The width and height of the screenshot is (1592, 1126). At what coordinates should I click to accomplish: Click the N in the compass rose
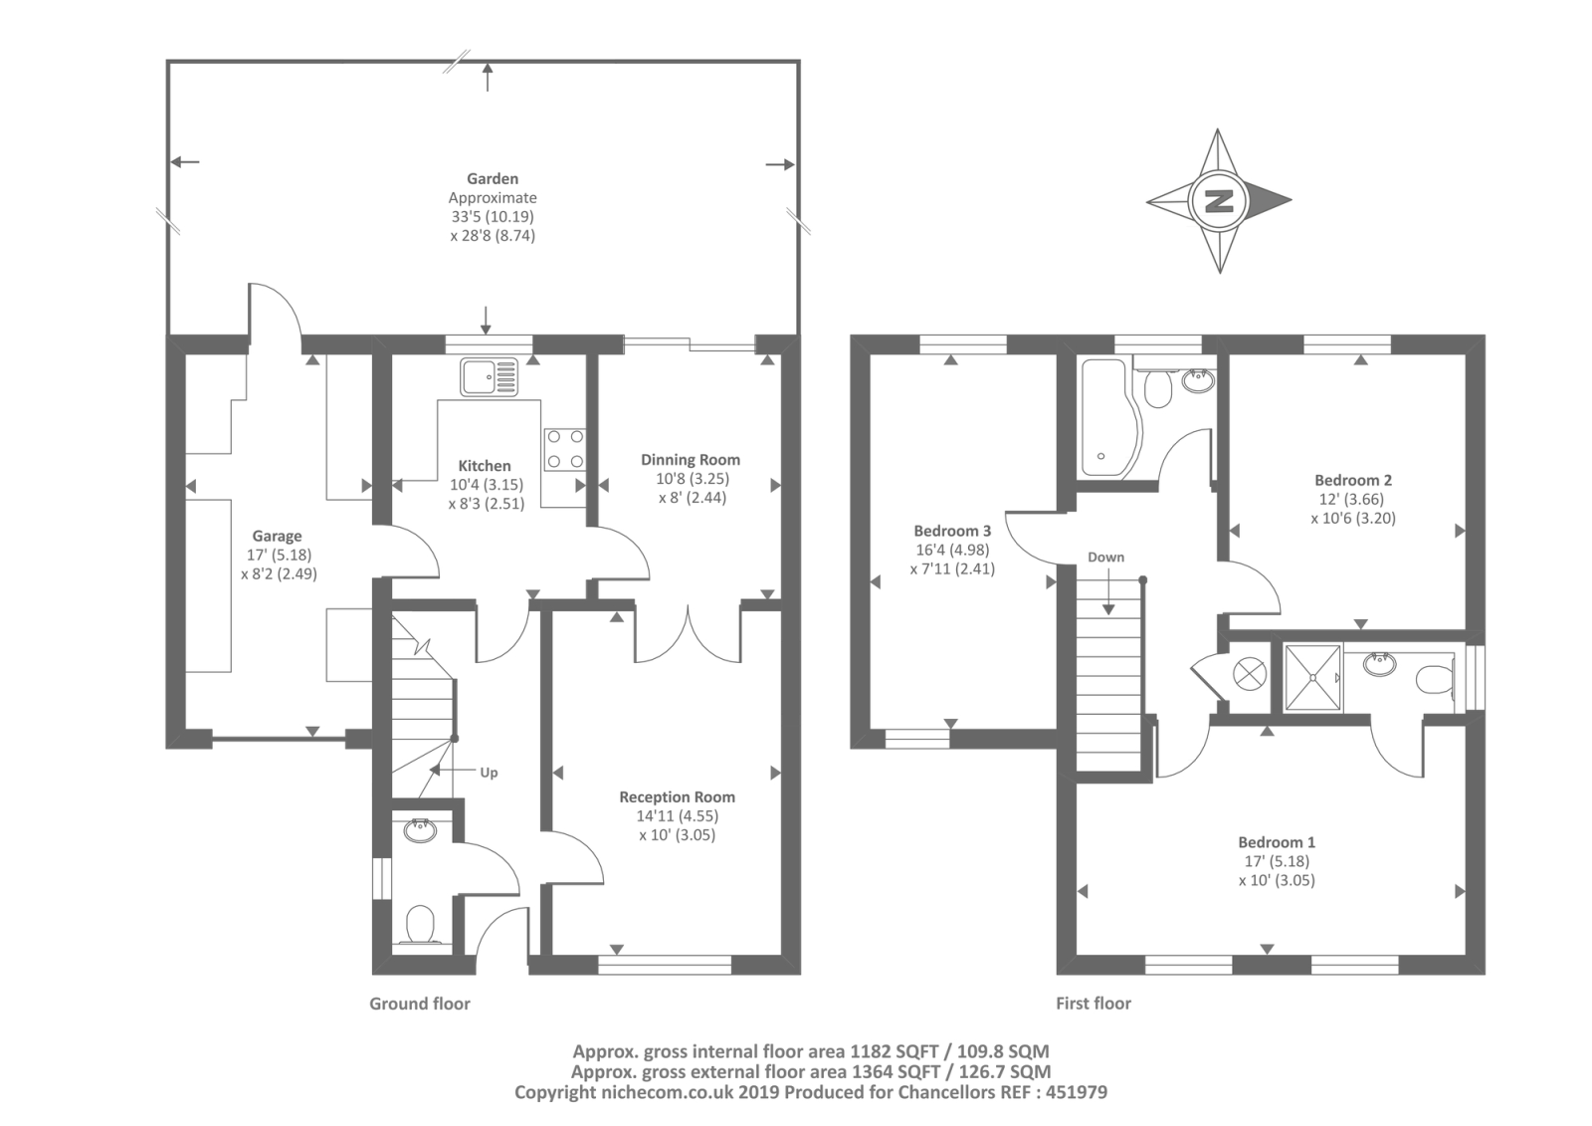[x=1220, y=201]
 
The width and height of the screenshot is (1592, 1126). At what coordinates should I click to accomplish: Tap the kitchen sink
[x=489, y=376]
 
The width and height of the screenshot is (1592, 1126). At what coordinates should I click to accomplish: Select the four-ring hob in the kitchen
[x=565, y=450]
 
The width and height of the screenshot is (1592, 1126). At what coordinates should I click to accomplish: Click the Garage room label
[x=278, y=536]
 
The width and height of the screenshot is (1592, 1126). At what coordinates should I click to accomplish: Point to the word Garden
[x=493, y=178]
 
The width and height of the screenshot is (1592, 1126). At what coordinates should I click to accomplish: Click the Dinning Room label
[x=691, y=460]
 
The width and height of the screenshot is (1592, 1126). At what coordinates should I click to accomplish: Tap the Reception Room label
[x=678, y=796]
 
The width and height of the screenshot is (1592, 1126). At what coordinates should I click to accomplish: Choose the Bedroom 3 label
[x=952, y=531]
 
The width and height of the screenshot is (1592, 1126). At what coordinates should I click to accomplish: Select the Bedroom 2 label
[x=1353, y=480]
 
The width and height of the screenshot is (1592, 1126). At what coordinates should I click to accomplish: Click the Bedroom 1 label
[x=1277, y=842]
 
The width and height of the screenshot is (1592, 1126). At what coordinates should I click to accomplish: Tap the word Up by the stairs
[x=489, y=773]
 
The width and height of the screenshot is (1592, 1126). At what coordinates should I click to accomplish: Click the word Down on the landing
[x=1105, y=557]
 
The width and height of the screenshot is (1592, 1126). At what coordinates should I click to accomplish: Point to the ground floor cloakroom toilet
[x=420, y=924]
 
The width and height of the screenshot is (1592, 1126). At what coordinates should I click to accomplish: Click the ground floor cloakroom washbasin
[x=420, y=830]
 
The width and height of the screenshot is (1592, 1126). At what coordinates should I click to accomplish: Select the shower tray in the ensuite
[x=1312, y=677]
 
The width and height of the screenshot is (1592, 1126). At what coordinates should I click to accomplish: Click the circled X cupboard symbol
[x=1250, y=672]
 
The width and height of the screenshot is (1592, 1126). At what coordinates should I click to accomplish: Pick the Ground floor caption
[x=420, y=1004]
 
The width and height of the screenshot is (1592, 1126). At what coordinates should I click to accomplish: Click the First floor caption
[x=1094, y=1004]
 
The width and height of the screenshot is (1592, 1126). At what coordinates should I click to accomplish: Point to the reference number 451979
[x=1077, y=1092]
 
